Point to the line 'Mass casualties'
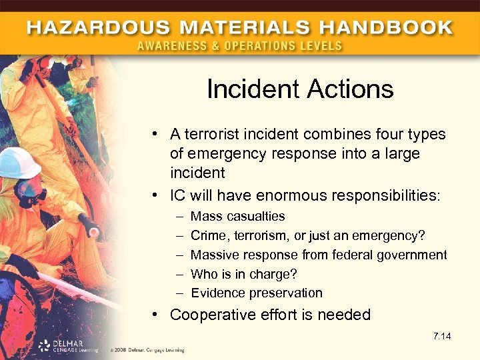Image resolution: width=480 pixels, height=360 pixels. click(x=237, y=216)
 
